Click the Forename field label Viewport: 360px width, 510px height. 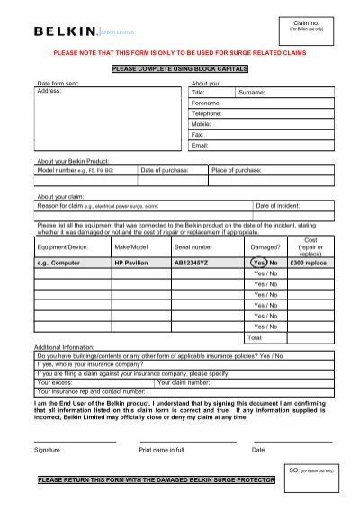point(205,103)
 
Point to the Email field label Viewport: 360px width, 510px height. point(200,144)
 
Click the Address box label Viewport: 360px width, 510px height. point(48,92)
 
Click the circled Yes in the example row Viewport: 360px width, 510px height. point(258,263)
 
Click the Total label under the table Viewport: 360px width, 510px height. point(255,337)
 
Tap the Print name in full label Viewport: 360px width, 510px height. point(162,447)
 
